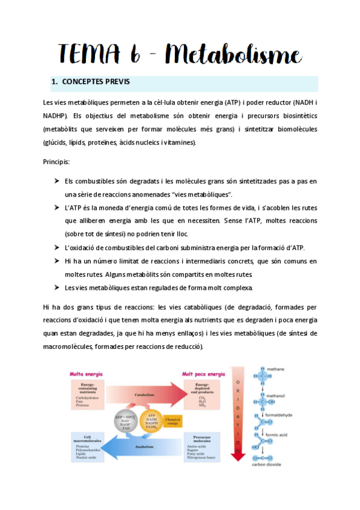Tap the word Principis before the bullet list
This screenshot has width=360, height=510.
pos(56,162)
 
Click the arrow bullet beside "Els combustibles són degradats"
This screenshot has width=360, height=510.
pos(55,180)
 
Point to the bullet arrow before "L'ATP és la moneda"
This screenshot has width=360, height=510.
pos(55,207)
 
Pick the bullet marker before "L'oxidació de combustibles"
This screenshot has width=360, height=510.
pos(55,247)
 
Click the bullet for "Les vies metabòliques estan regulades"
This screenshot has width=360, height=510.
pos(55,287)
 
